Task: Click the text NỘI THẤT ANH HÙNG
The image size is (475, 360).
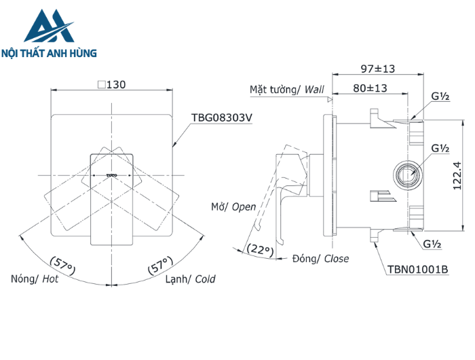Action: [x=50, y=52]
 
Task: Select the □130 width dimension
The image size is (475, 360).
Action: [x=112, y=85]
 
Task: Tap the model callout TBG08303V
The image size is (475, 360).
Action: [x=221, y=118]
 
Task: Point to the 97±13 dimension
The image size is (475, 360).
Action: [x=377, y=69]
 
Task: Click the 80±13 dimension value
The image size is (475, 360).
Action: [x=370, y=88]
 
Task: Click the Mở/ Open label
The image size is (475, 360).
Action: [x=233, y=207]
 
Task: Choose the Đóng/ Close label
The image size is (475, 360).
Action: [x=320, y=259]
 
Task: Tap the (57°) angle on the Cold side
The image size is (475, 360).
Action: [x=161, y=265]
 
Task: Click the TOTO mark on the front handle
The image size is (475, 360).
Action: [x=113, y=175]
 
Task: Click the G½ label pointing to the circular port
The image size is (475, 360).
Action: [x=439, y=148]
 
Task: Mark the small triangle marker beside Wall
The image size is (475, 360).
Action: [x=330, y=99]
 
